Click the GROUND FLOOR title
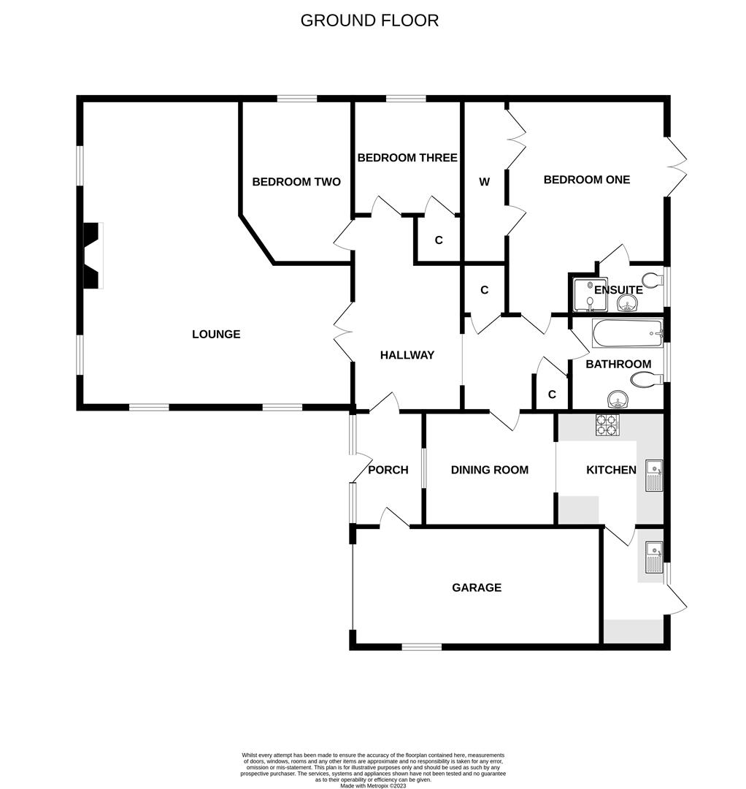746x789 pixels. point(369,20)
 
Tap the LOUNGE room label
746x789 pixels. point(216,335)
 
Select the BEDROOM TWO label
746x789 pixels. point(296,182)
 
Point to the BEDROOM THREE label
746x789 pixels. point(407,158)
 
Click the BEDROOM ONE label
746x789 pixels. point(586,180)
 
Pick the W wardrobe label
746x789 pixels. point(484,182)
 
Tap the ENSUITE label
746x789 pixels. point(618,290)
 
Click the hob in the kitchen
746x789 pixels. point(607,425)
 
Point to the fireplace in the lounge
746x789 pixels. point(92,256)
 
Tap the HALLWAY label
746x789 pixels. point(407,355)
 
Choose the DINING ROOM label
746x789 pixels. point(489,470)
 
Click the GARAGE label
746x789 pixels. point(477,587)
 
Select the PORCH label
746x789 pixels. point(388,470)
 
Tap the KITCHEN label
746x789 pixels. point(611,470)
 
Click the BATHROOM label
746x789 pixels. point(618,364)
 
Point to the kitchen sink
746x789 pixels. point(654,475)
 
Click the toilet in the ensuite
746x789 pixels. point(650,281)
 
